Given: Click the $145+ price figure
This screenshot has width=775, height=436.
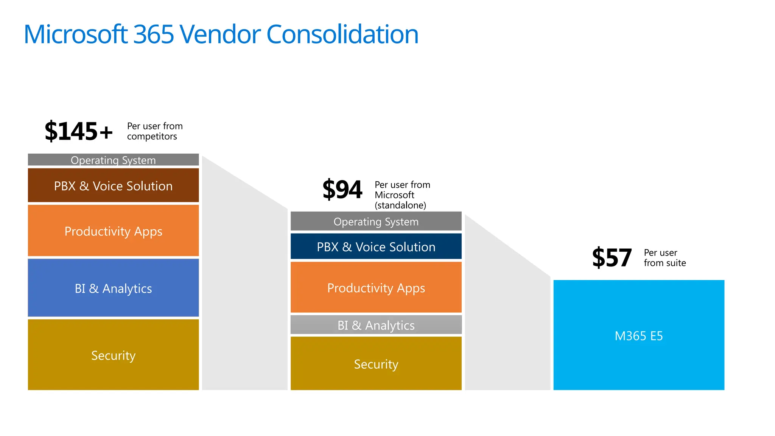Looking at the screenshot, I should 79,131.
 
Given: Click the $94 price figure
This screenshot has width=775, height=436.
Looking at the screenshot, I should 342,190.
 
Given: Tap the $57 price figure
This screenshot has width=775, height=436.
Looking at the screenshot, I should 612,258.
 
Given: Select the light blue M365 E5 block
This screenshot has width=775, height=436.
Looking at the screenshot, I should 639,335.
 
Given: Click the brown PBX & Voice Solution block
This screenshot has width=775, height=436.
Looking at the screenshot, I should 113,185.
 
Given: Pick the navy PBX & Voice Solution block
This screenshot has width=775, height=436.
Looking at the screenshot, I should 376,246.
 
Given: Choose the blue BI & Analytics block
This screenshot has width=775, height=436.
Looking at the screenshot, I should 113,288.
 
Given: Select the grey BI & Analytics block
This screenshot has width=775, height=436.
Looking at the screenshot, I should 376,325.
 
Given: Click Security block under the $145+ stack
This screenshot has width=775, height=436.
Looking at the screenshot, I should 113,355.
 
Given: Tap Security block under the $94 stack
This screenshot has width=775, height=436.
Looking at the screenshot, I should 376,364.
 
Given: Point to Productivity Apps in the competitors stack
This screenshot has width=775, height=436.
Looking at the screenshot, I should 113,231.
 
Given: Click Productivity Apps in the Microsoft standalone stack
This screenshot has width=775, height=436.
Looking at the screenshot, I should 376,288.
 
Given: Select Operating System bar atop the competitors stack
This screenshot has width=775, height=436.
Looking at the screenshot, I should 113,160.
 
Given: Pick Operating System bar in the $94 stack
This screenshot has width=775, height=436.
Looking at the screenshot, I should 376,221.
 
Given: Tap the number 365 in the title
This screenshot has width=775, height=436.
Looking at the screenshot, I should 153,34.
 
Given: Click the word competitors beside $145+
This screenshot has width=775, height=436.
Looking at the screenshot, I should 152,137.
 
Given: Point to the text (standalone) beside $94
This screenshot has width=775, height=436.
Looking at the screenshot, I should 400,206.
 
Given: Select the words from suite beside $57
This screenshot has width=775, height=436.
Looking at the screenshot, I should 665,263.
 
